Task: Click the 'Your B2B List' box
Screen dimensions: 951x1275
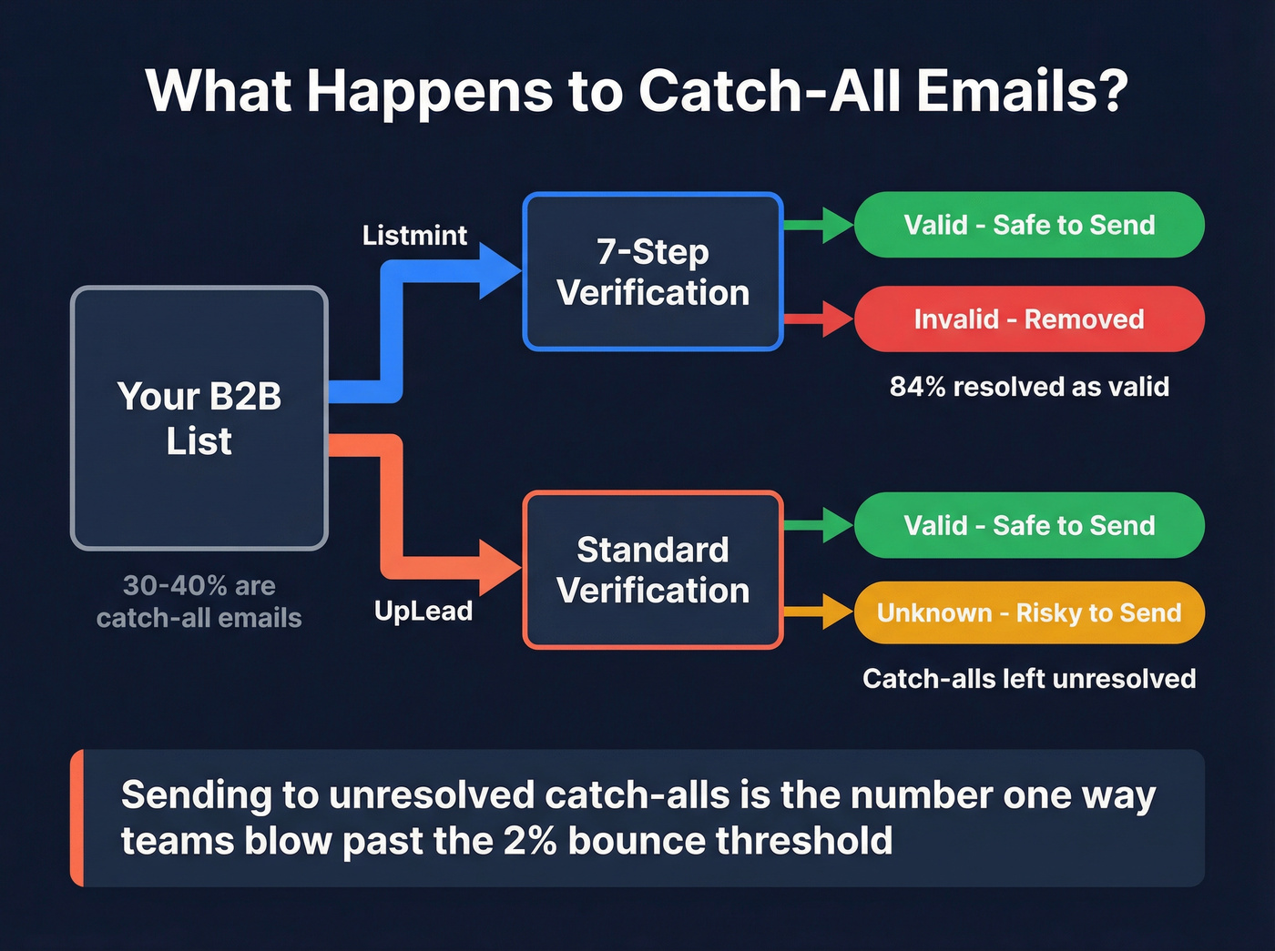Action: [x=199, y=418]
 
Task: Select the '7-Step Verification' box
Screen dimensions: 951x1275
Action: [x=653, y=271]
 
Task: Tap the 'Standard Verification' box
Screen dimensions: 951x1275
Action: [x=653, y=570]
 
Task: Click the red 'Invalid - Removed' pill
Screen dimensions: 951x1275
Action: [x=1029, y=319]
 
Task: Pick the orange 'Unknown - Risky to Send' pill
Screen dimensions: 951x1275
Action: [x=1029, y=612]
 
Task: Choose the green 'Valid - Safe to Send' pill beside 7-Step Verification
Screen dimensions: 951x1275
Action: [x=1029, y=225]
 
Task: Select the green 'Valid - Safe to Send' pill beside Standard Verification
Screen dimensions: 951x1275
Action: [x=1029, y=525]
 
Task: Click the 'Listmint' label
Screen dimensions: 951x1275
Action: [x=414, y=236]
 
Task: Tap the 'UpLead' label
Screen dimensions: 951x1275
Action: [x=423, y=611]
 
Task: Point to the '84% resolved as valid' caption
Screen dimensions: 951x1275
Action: [x=1029, y=387]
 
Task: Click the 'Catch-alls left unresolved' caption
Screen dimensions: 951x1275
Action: [x=1029, y=679]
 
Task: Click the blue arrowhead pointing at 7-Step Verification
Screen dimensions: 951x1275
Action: [x=499, y=271]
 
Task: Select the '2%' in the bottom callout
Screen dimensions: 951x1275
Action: [x=530, y=841]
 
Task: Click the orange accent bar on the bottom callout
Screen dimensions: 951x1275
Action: [x=77, y=817]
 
